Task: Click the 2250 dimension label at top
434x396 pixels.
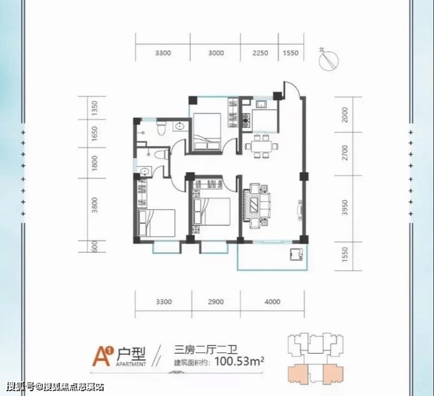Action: [x=260, y=53]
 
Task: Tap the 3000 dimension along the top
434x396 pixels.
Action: [x=216, y=53]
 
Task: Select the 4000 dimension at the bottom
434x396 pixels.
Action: [x=272, y=301]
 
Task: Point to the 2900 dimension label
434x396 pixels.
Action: [x=216, y=301]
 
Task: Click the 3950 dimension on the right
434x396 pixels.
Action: [x=345, y=208]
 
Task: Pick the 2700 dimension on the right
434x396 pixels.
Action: [x=345, y=153]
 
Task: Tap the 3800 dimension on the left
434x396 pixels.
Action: [x=94, y=205]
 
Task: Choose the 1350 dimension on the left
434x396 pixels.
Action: [x=94, y=109]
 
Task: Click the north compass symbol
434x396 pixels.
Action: [x=328, y=61]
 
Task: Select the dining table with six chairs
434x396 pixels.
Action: [x=262, y=146]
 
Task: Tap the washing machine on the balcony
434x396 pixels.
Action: [x=296, y=254]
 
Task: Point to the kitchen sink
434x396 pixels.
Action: [x=262, y=105]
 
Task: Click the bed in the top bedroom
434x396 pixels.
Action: [x=207, y=132]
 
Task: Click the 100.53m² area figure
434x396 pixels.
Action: [x=239, y=361]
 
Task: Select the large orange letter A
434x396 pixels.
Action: [x=101, y=357]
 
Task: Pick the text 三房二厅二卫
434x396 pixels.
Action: [x=205, y=350]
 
